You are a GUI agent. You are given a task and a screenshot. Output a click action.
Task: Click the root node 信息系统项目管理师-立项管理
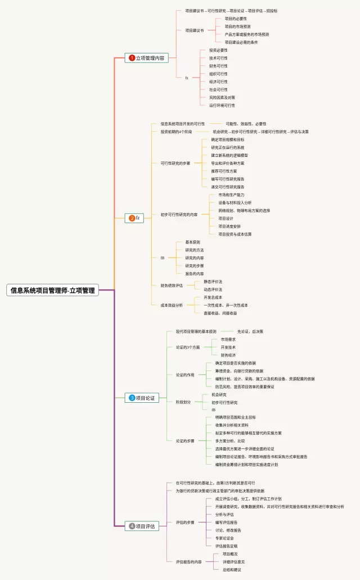(x=53, y=290)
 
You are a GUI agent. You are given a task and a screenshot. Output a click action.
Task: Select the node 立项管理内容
(x=150, y=57)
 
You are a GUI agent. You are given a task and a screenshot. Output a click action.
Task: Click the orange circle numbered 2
(x=132, y=218)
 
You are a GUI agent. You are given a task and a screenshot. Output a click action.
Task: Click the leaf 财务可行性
(x=218, y=66)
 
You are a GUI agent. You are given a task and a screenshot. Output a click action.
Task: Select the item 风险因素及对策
(x=222, y=97)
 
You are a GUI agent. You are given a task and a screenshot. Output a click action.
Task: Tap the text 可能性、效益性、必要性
(x=246, y=124)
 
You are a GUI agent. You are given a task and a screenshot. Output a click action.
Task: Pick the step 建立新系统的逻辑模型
(x=229, y=155)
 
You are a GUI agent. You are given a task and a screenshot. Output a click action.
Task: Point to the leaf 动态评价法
(x=213, y=289)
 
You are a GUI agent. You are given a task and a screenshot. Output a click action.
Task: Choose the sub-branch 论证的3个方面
(x=187, y=347)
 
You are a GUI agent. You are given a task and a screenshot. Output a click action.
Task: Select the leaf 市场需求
(x=228, y=339)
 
